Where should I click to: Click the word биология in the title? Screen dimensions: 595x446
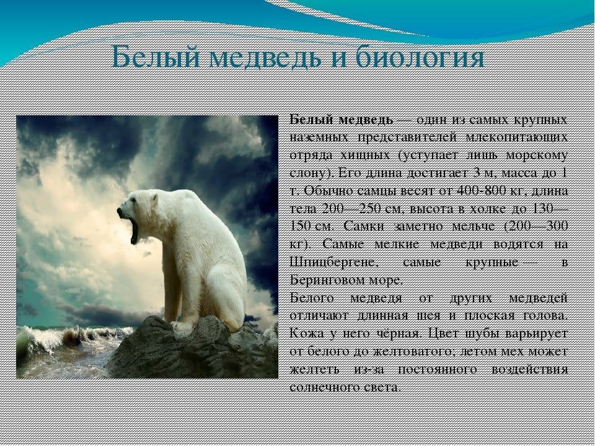(x=421, y=58)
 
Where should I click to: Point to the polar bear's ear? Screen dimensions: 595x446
(x=154, y=198)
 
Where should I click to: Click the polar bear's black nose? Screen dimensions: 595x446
(x=120, y=211)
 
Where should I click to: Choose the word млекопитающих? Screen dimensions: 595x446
(x=517, y=138)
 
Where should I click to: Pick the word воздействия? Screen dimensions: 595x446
(x=530, y=370)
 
